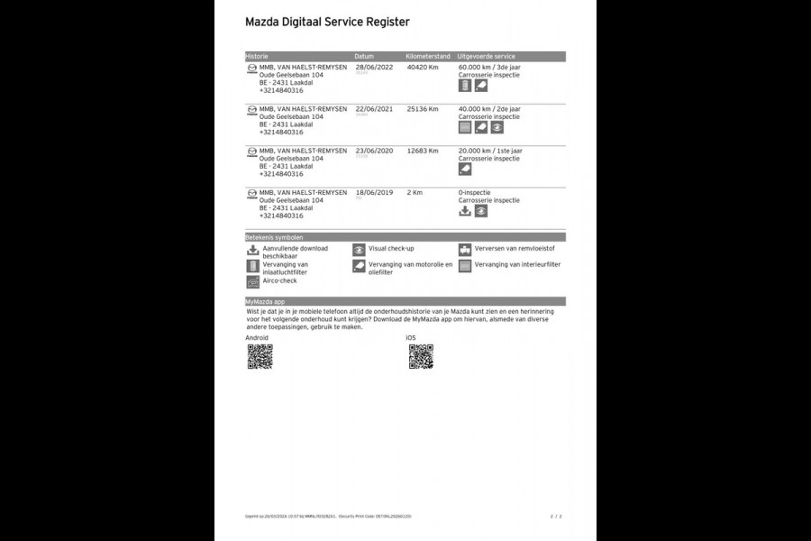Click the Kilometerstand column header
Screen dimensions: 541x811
(428, 56)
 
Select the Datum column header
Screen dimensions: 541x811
(364, 56)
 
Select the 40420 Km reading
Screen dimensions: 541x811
(423, 67)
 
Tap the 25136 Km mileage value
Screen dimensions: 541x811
(423, 109)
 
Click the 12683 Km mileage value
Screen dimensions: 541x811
(423, 151)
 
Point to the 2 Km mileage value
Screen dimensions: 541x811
(415, 193)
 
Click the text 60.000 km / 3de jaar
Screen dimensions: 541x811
(489, 67)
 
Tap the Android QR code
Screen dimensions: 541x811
(260, 356)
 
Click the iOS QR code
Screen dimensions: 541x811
(421, 356)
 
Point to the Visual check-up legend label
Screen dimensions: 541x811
(391, 248)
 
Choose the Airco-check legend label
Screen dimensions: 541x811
(280, 280)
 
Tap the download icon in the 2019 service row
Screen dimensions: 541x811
(465, 211)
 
